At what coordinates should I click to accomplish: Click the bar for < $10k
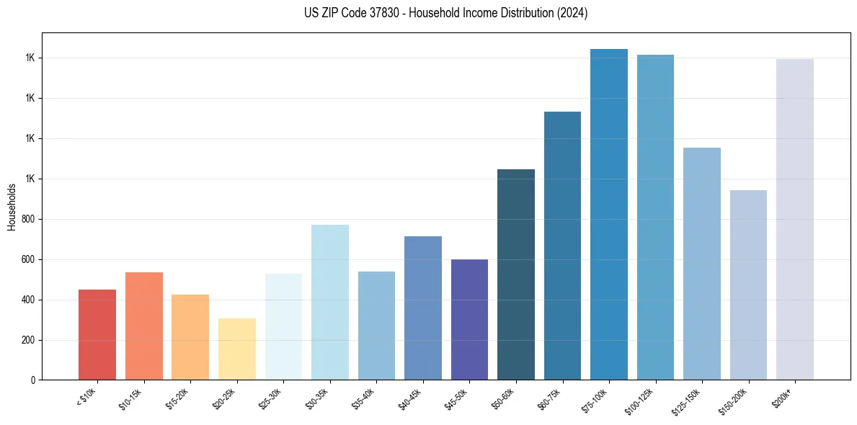(97, 335)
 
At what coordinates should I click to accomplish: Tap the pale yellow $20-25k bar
(236, 349)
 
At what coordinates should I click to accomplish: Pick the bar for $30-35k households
(329, 303)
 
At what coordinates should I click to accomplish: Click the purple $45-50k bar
(469, 320)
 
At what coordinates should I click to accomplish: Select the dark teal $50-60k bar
(516, 274)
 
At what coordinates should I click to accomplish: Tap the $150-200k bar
(748, 285)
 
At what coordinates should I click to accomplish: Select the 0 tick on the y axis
(32, 380)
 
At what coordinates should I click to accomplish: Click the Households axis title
(12, 207)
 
